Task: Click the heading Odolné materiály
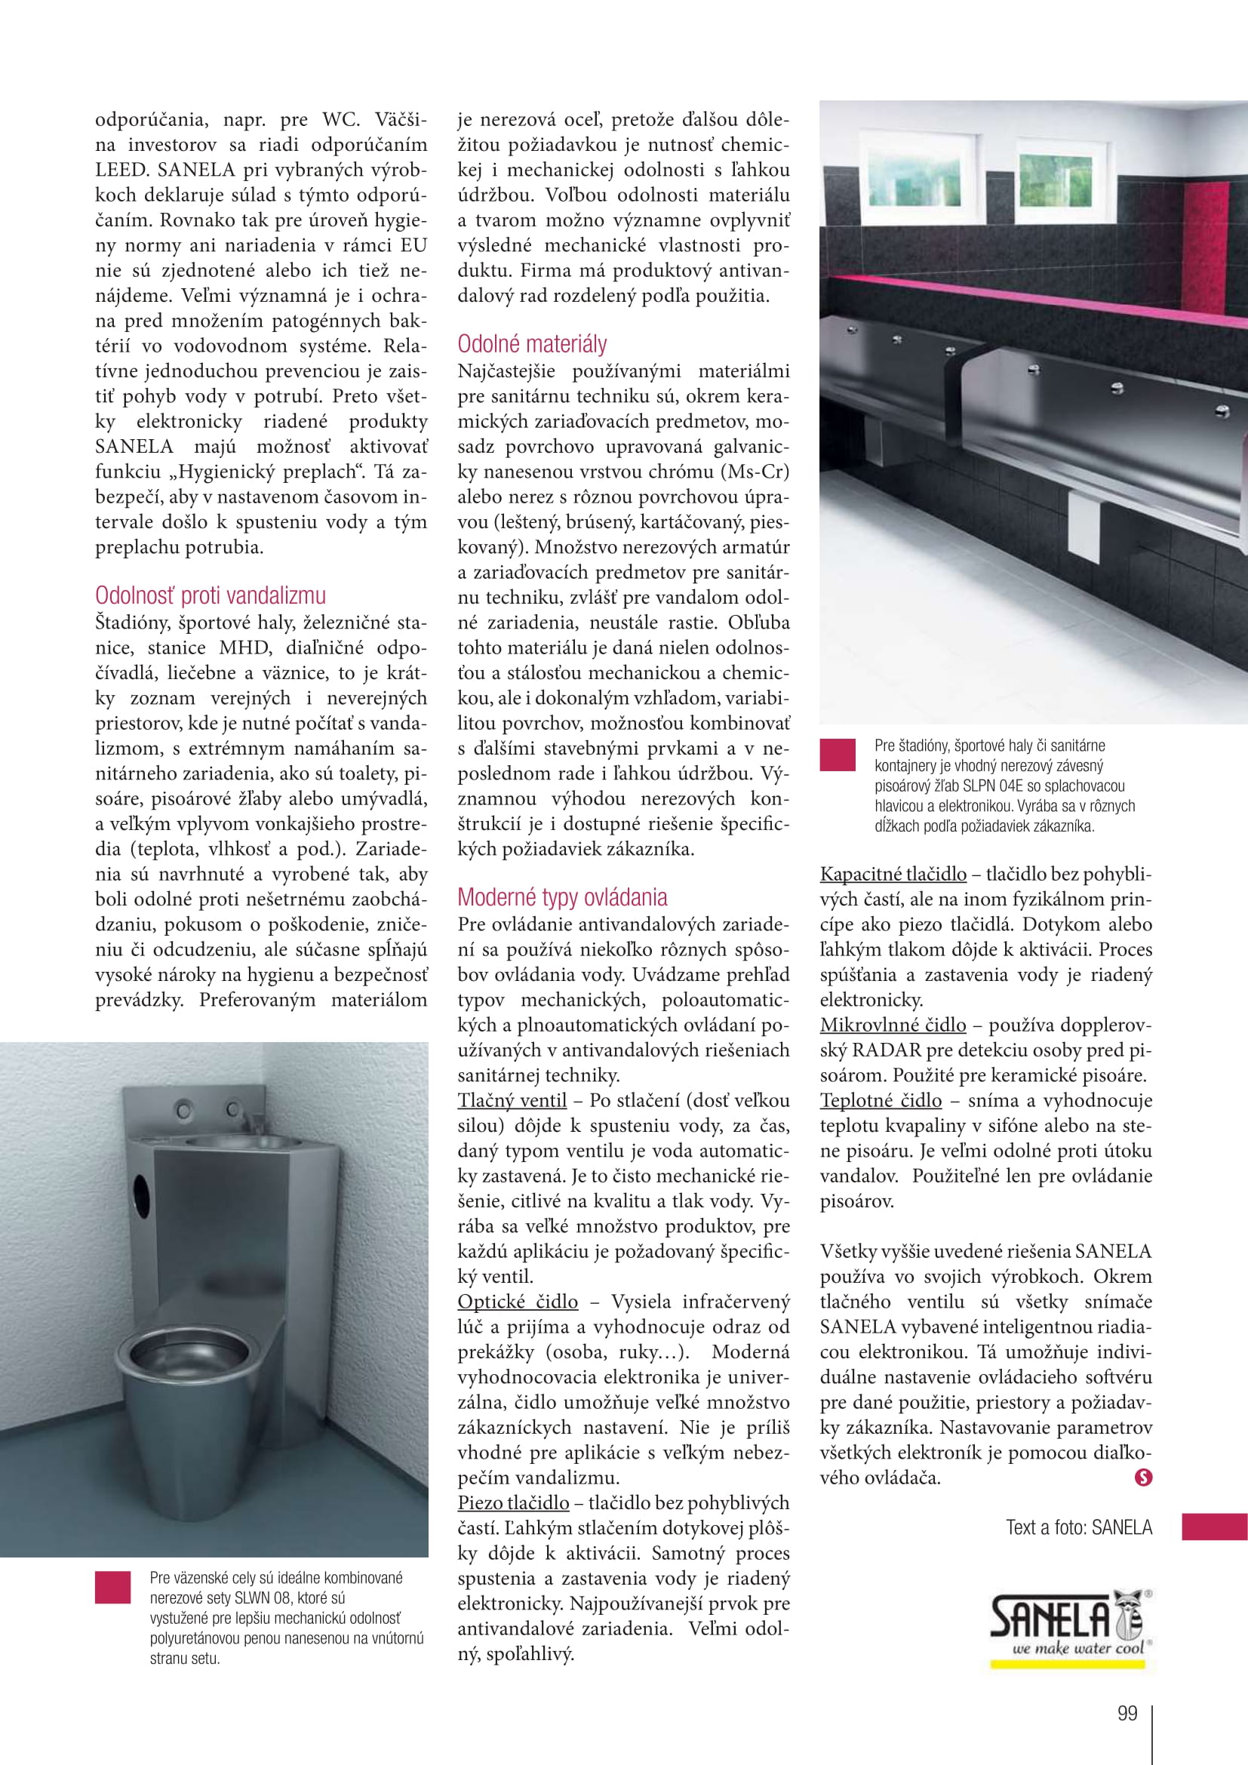click(x=532, y=343)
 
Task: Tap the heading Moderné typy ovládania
click(x=562, y=897)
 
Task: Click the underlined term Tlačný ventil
click(x=512, y=1101)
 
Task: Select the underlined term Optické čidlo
click(x=517, y=1302)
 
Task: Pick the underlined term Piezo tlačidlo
click(x=513, y=1503)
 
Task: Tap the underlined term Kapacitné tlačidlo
click(x=893, y=874)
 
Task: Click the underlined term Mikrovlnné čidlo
click(x=892, y=1025)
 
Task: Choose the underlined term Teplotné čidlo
click(x=880, y=1100)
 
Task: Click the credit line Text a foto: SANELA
click(x=1079, y=1527)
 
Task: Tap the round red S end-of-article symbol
click(x=1143, y=1477)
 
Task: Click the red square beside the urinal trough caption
click(x=838, y=755)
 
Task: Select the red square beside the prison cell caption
click(x=113, y=1588)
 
